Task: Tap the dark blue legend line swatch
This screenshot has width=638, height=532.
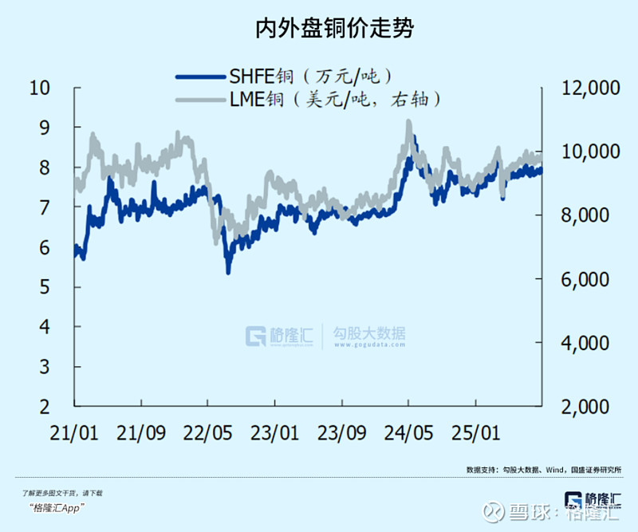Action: tap(199, 77)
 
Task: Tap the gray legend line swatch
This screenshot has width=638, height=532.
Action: tap(199, 99)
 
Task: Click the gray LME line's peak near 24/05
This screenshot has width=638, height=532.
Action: tap(408, 122)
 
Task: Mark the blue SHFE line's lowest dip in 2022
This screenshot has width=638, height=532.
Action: tap(228, 272)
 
